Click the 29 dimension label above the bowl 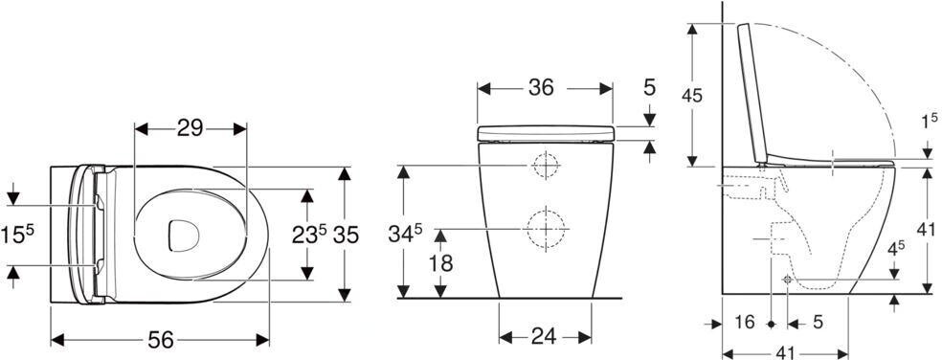click(190, 128)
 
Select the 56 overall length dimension click(161, 340)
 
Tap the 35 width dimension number click(346, 235)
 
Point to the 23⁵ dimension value click(309, 235)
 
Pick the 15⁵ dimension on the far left click(17, 235)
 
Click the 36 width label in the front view click(541, 88)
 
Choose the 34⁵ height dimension click(406, 234)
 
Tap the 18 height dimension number click(441, 263)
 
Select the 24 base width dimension click(545, 337)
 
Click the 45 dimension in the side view click(692, 95)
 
